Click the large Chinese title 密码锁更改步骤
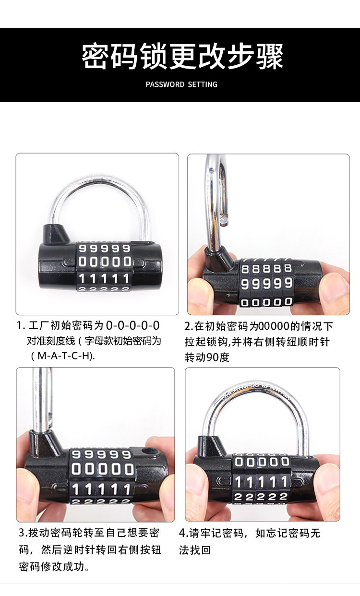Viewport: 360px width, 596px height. (x=182, y=57)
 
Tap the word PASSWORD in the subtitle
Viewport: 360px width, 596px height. (x=165, y=84)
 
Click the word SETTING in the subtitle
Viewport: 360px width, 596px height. (x=203, y=84)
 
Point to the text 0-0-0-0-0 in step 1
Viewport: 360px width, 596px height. (x=132, y=326)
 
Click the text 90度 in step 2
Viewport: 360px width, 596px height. (x=218, y=358)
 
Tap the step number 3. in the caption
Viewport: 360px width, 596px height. (x=23, y=533)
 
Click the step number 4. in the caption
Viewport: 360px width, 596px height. (x=183, y=533)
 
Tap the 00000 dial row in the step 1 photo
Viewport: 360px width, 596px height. (x=105, y=262)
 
